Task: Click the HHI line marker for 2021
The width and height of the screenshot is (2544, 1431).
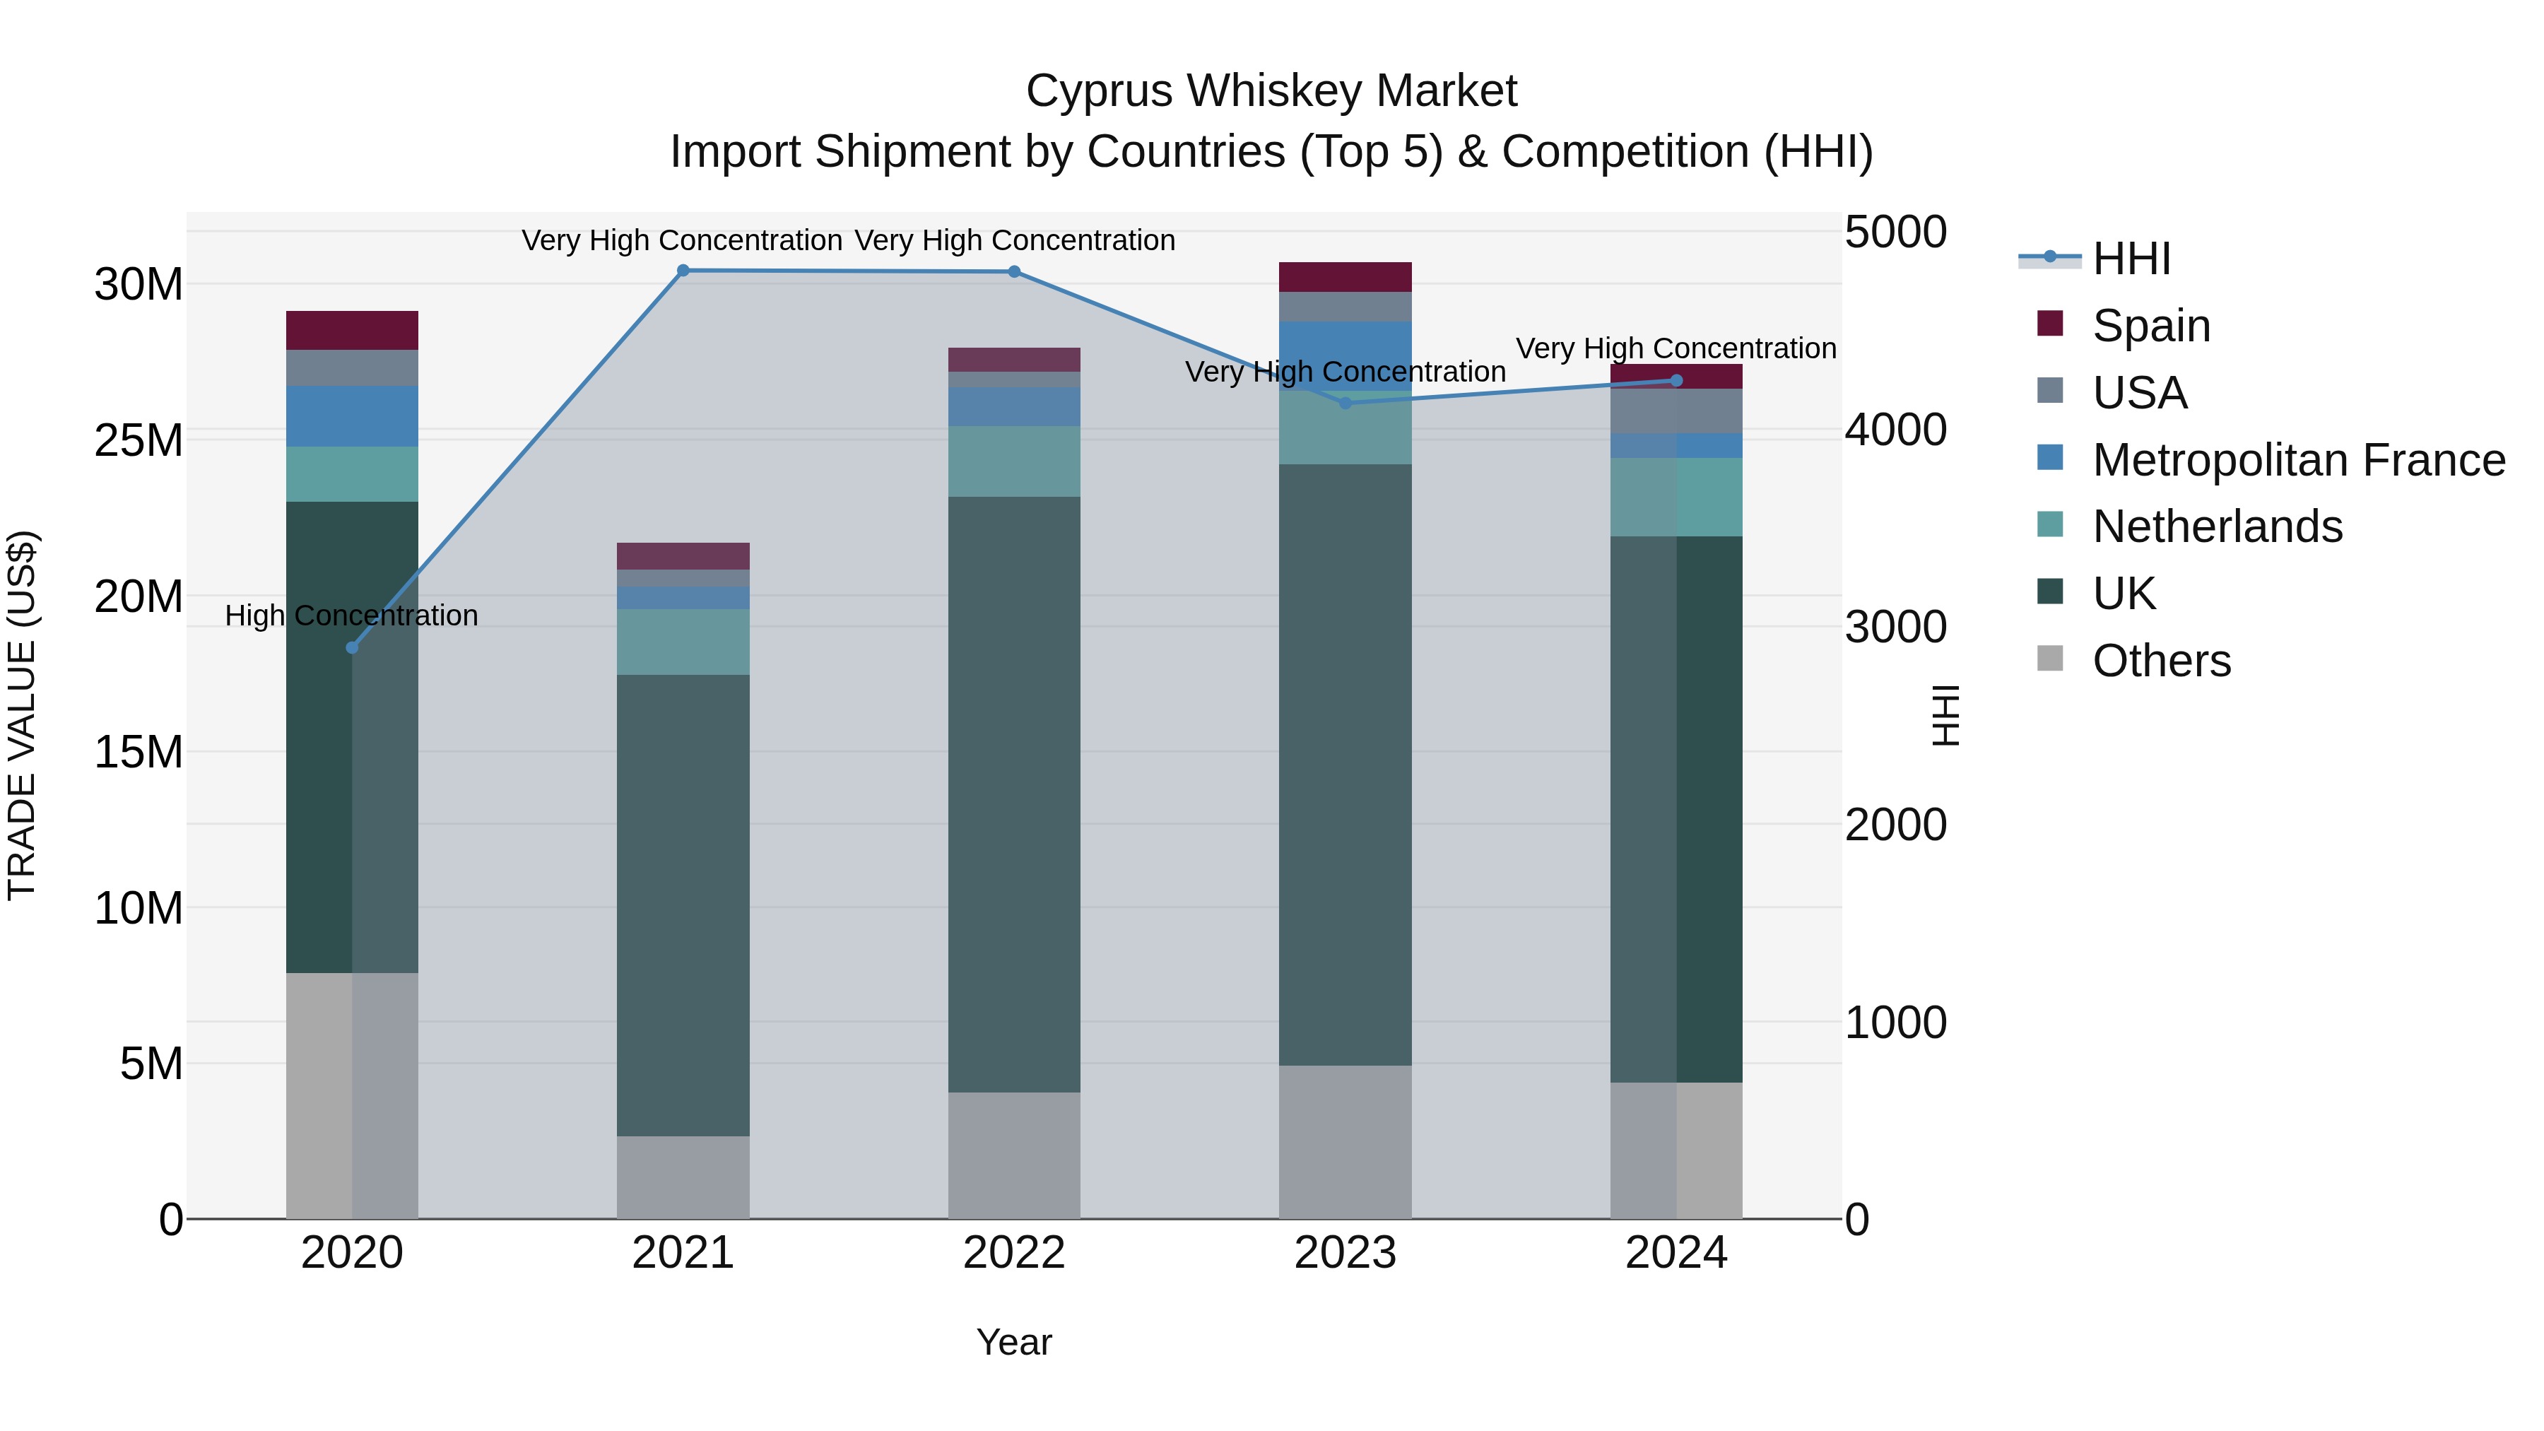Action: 683,271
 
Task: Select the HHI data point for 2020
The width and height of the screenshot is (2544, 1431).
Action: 352,648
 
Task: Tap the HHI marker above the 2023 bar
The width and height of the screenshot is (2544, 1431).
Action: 1344,403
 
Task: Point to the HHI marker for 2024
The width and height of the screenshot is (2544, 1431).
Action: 1676,380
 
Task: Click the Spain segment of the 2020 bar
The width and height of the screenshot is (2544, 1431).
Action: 352,330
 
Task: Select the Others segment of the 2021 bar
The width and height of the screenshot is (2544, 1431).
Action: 683,1177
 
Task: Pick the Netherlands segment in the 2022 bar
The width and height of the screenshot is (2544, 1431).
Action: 1013,461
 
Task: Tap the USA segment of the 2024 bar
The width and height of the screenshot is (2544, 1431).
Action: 1676,411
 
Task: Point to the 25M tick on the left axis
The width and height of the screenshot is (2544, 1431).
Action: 139,440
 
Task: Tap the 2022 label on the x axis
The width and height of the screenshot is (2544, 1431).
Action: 1013,1253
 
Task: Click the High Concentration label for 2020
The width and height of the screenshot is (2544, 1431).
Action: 352,616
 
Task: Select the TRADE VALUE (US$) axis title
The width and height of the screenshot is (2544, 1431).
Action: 22,715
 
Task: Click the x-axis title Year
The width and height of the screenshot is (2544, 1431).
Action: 1013,1342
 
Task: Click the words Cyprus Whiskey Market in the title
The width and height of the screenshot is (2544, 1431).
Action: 1271,91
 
